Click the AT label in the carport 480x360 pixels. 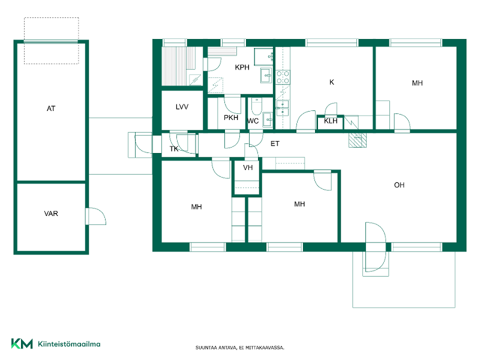51,109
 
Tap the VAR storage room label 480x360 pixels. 51,214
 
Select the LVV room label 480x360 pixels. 182,107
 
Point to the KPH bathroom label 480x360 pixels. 242,67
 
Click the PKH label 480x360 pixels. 231,118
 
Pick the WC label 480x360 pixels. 253,121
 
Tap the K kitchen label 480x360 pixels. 332,82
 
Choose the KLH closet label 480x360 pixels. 331,121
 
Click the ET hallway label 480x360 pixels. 275,143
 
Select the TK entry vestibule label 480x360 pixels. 174,149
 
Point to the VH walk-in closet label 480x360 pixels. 248,167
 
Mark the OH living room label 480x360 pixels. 399,185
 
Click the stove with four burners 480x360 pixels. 283,77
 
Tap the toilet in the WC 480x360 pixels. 257,107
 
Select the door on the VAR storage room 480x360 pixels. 95,216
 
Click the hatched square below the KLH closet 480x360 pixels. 358,140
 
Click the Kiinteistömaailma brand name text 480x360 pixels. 69,344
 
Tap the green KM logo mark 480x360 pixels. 22,343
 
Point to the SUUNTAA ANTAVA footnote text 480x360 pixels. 239,348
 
